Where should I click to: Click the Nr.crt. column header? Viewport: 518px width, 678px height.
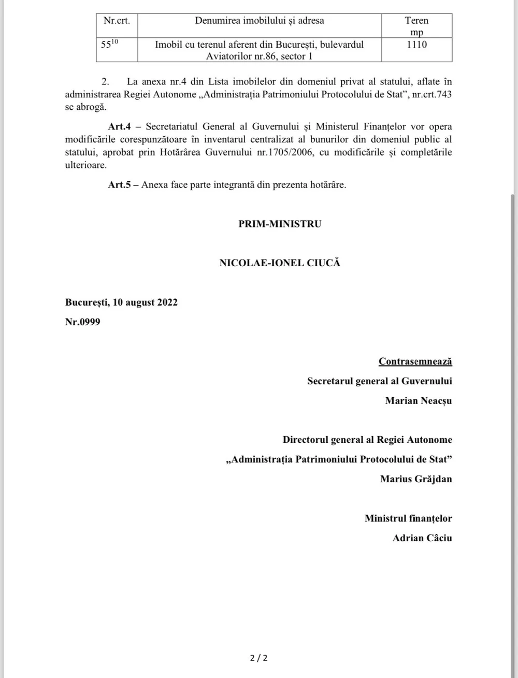[x=117, y=21]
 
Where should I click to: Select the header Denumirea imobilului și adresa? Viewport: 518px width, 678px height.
[x=260, y=21]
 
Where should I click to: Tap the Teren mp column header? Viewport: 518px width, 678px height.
[x=416, y=26]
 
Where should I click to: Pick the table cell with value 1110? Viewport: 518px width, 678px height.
[x=416, y=45]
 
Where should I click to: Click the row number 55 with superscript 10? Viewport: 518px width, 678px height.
[x=109, y=45]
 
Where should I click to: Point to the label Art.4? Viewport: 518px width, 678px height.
[x=119, y=127]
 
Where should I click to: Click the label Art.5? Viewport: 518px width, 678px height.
[x=119, y=185]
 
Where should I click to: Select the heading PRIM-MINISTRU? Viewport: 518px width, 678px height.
[x=280, y=224]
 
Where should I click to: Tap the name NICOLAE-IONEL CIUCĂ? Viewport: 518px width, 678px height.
[x=280, y=263]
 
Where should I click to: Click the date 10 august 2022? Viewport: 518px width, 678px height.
[x=145, y=302]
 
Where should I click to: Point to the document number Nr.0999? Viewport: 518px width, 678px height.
[x=83, y=322]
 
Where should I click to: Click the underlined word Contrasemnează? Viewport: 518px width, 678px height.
[x=415, y=362]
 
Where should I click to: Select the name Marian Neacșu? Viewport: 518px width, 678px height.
[x=419, y=400]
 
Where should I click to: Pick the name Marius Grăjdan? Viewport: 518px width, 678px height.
[x=416, y=479]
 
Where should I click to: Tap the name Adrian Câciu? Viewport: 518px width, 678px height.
[x=422, y=538]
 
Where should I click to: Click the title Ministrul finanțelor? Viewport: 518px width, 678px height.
[x=408, y=518]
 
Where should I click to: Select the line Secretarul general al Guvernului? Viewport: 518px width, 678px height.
[x=379, y=381]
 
